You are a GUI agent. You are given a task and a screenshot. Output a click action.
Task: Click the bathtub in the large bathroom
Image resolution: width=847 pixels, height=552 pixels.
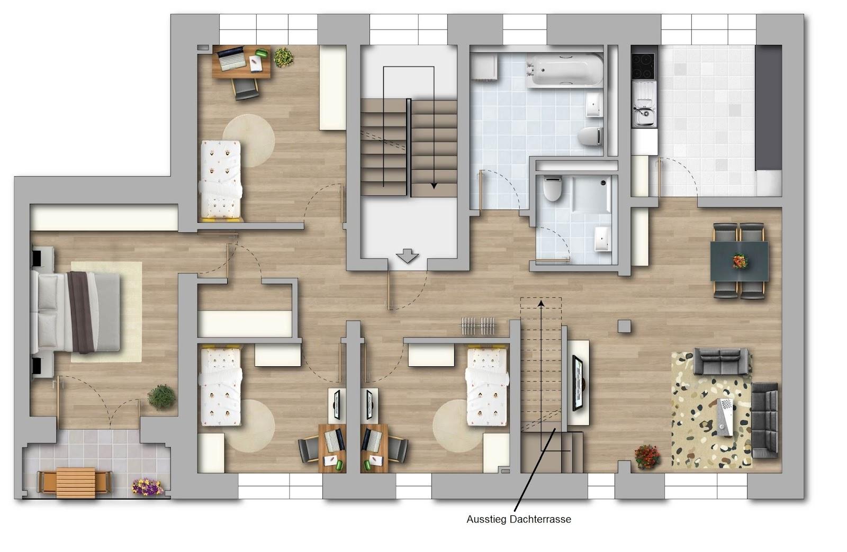click(x=564, y=71)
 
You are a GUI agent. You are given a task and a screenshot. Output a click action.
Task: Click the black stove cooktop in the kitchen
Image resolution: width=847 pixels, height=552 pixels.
click(x=643, y=66)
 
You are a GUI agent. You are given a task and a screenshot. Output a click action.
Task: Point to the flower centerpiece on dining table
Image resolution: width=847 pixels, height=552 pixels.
click(x=740, y=261)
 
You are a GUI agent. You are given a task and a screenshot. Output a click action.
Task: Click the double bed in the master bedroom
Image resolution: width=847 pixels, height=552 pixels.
click(x=76, y=312)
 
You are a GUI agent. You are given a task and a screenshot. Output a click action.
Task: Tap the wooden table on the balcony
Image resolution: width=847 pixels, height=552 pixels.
click(x=75, y=483)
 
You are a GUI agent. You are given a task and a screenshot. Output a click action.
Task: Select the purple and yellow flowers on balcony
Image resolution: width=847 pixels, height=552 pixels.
click(x=147, y=487)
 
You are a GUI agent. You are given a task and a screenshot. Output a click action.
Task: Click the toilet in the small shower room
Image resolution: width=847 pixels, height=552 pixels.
click(x=552, y=188)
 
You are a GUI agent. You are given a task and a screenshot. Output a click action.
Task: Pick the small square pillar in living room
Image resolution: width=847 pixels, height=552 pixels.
click(x=624, y=326)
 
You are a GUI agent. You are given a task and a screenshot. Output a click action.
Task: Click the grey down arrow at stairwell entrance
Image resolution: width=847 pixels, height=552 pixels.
click(x=407, y=256)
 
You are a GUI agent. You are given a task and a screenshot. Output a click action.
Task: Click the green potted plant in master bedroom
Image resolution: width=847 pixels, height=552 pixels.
click(x=161, y=397)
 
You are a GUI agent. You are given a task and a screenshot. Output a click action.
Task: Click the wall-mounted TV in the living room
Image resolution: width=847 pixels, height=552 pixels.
click(x=578, y=383)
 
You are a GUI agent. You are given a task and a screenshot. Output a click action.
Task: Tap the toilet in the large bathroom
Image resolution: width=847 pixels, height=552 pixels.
click(x=590, y=137)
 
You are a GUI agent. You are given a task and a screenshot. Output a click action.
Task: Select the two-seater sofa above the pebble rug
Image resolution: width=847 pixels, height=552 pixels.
click(x=720, y=361)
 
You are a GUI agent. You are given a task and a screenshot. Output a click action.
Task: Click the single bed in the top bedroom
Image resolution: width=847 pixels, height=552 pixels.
click(x=221, y=180)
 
